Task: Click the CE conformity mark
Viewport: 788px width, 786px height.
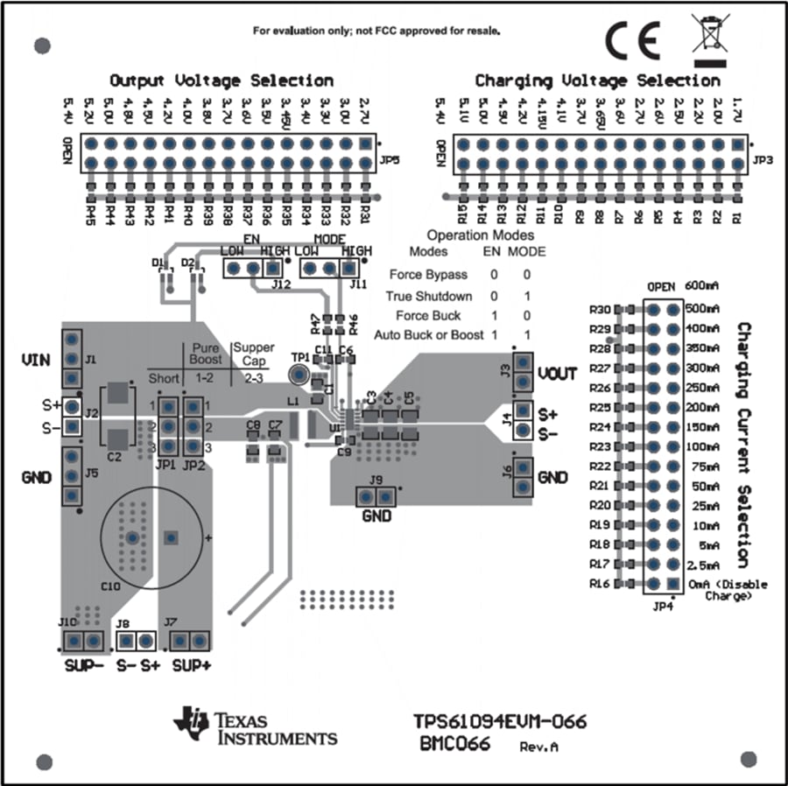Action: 632,39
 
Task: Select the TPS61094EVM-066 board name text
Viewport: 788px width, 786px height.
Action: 500,722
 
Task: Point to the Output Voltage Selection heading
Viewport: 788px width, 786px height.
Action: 221,81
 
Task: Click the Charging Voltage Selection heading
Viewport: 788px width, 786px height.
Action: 597,81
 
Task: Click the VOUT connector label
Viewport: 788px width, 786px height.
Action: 557,374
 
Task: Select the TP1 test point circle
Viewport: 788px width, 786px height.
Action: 299,375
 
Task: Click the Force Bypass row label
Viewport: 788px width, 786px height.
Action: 428,275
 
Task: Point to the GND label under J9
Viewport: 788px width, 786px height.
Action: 376,516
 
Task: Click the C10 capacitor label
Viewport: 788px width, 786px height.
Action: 112,586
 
